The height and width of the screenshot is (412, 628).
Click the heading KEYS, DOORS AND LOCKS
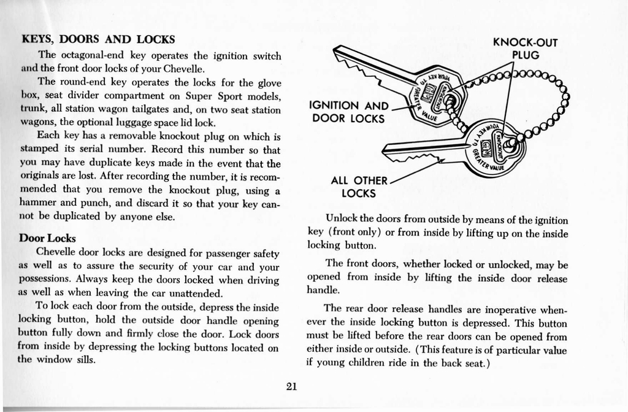pos(98,39)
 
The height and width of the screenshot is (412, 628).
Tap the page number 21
pos(292,386)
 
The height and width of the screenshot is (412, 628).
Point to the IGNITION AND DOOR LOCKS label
pos(348,112)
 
